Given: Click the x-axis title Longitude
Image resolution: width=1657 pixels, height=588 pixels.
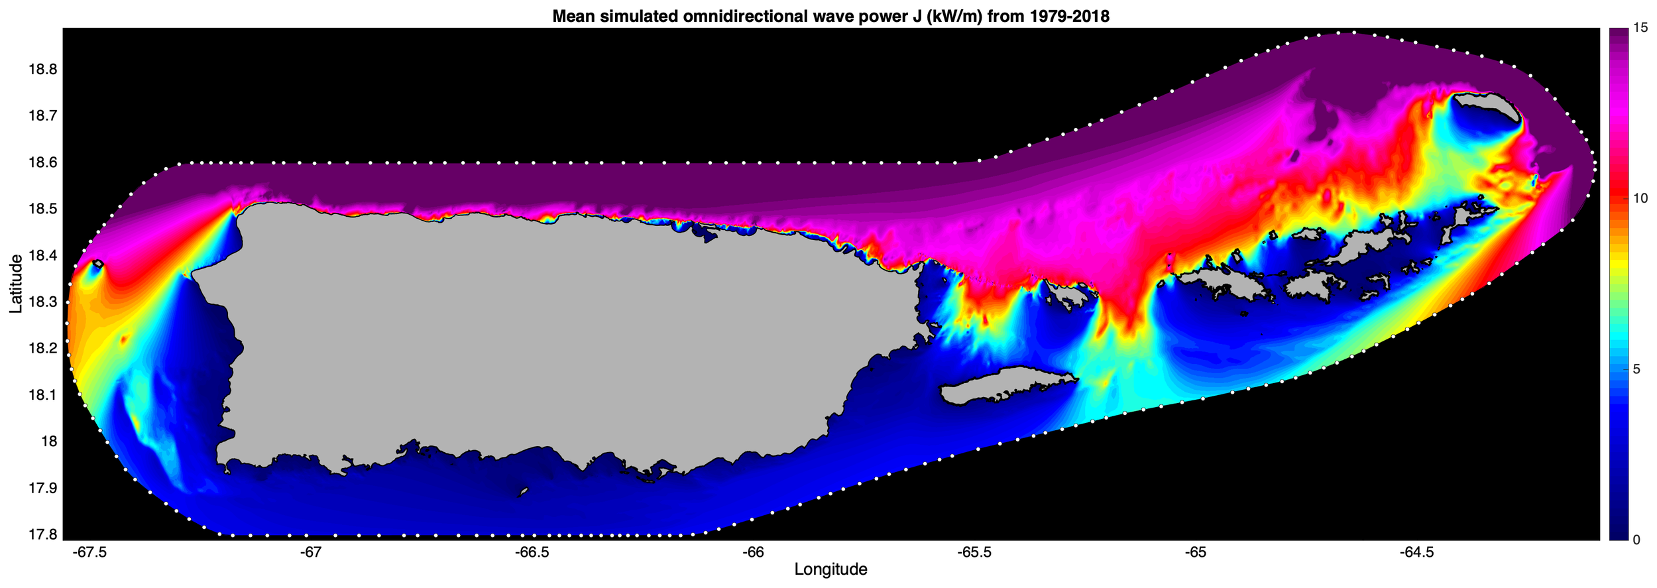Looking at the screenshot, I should coord(830,569).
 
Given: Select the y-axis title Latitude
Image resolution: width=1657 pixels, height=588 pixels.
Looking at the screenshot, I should coord(16,284).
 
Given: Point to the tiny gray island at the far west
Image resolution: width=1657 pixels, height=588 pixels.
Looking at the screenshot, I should coord(97,264).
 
